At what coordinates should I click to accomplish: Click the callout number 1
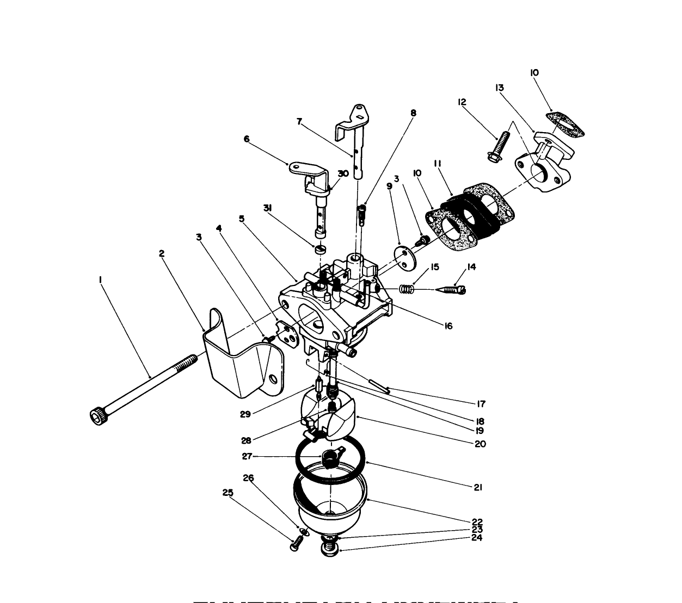coord(100,279)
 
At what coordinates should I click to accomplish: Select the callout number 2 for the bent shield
coord(162,253)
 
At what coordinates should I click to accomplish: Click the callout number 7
coord(299,122)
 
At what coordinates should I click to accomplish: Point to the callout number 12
coord(462,102)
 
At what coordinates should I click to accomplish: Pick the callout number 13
coord(499,88)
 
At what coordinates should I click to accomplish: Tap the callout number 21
coord(477,488)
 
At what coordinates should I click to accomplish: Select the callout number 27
coord(247,456)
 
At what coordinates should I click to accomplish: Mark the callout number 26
coord(248,478)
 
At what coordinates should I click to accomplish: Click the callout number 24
coord(477,538)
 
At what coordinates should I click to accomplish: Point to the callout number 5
coord(242,219)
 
